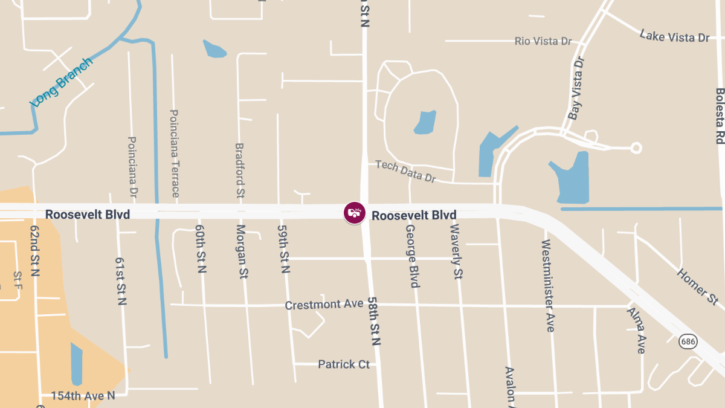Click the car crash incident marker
point(354,213)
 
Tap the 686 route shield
point(688,342)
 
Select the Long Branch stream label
point(62,82)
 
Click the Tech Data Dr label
point(405,171)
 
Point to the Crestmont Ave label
point(324,304)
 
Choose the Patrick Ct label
point(344,364)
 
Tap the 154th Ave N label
point(83,395)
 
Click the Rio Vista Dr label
point(543,41)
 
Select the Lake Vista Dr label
point(674,36)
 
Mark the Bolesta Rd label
point(720,115)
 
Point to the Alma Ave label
point(636,330)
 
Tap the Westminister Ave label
point(547,285)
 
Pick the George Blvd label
point(412,256)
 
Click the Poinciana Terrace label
point(175,154)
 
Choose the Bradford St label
point(239,171)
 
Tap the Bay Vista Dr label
point(577,88)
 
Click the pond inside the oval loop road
point(425,122)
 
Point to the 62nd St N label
point(34,251)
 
